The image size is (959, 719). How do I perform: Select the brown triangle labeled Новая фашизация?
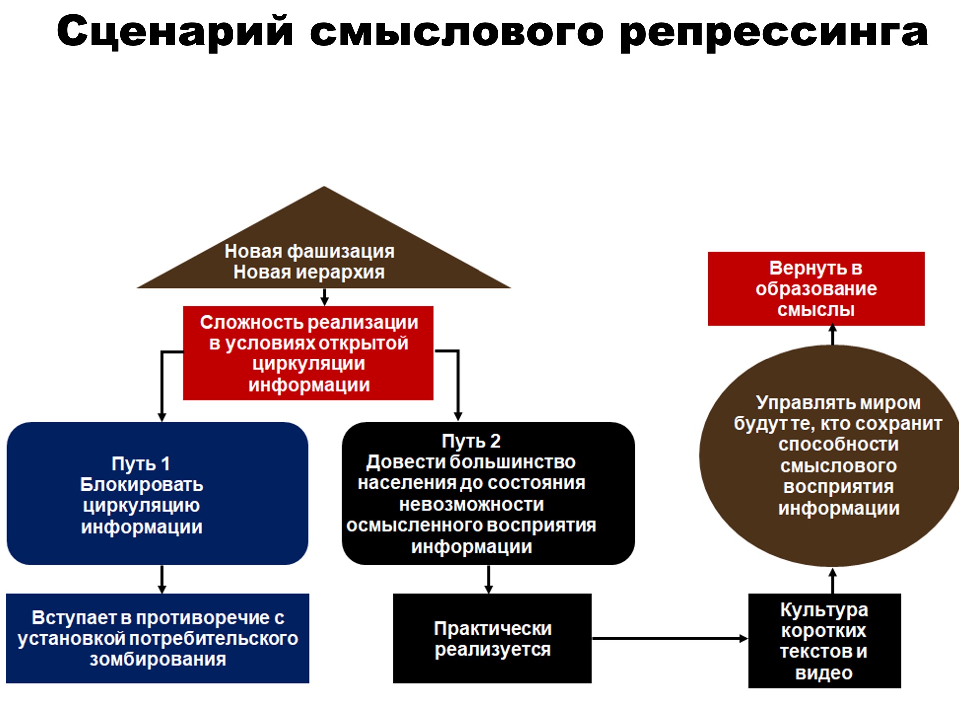pyautogui.click(x=324, y=250)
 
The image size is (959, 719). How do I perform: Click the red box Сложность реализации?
pyautogui.click(x=308, y=353)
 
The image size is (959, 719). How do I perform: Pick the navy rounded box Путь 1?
pyautogui.click(x=157, y=493)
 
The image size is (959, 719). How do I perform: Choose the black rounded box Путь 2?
pyautogui.click(x=488, y=493)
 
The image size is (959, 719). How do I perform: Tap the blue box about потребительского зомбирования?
pyautogui.click(x=157, y=638)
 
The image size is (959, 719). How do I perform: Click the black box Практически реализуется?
pyautogui.click(x=492, y=638)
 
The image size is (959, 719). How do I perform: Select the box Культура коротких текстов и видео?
pyautogui.click(x=824, y=640)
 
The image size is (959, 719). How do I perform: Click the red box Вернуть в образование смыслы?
pyautogui.click(x=816, y=289)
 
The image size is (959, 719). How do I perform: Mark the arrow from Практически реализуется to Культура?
pyautogui.click(x=669, y=638)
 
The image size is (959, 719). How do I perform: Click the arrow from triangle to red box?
pyautogui.click(x=325, y=297)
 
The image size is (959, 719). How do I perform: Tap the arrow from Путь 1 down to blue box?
pyautogui.click(x=162, y=579)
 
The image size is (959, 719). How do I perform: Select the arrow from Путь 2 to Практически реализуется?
pyautogui.click(x=489, y=579)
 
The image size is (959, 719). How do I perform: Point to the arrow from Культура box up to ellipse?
pyautogui.click(x=833, y=580)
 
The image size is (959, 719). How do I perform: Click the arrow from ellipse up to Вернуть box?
pyautogui.click(x=833, y=335)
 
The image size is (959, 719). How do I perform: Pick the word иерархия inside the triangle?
pyautogui.click(x=340, y=273)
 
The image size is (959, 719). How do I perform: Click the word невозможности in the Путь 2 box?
pyautogui.click(x=472, y=504)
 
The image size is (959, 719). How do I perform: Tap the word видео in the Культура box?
pyautogui.click(x=824, y=673)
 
